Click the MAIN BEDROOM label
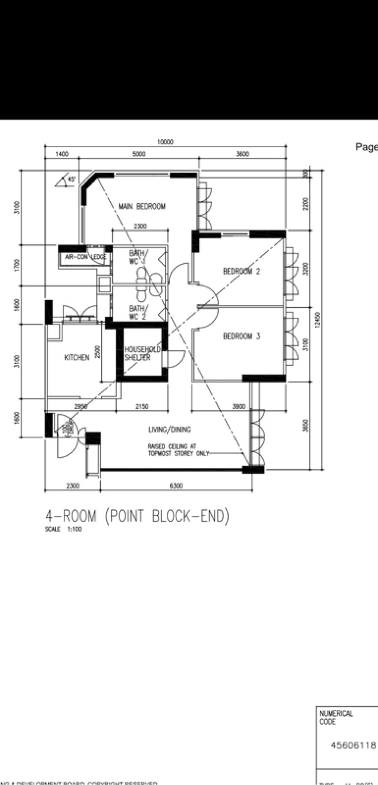[x=142, y=206]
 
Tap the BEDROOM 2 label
[x=241, y=271]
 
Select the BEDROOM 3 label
[x=241, y=336]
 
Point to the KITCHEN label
[x=77, y=357]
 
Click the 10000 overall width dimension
[x=165, y=142]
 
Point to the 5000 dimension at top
[x=139, y=154]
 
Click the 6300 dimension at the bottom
[x=176, y=485]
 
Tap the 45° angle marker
[x=71, y=179]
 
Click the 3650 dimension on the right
[x=305, y=426]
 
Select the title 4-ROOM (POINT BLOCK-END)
[x=137, y=516]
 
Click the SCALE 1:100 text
[x=63, y=529]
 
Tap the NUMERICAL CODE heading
[x=336, y=717]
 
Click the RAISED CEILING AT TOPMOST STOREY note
[x=178, y=449]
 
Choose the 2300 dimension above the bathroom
[x=140, y=226]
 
